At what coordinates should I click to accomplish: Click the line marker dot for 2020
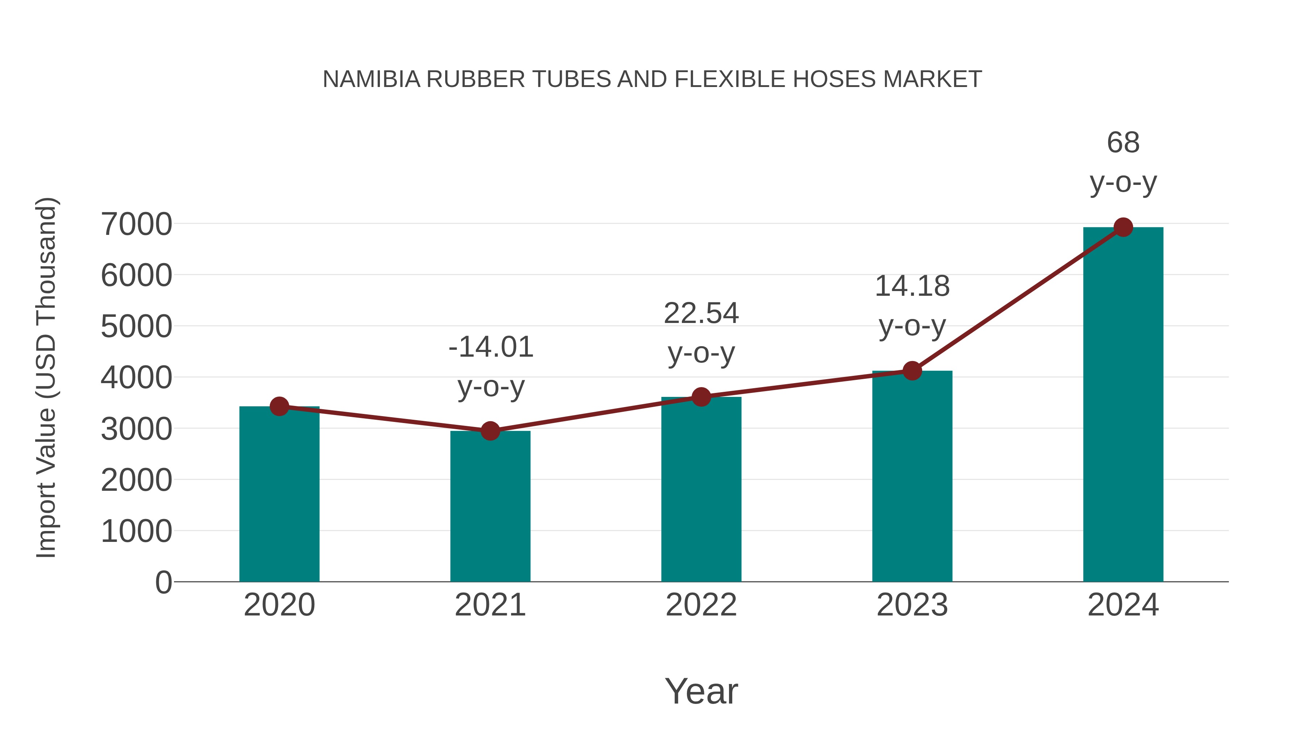coord(279,406)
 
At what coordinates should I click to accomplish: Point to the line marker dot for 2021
coord(490,431)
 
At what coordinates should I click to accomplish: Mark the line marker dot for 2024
coord(1123,227)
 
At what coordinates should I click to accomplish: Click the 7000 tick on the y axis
coord(136,224)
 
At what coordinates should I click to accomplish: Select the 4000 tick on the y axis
coord(136,378)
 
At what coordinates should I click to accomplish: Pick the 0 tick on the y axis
coord(163,582)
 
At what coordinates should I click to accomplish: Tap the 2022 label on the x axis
coord(701,605)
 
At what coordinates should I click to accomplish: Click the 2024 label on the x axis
coord(1123,605)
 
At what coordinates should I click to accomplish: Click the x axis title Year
coord(701,691)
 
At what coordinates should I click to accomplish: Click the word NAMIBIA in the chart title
coord(371,79)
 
